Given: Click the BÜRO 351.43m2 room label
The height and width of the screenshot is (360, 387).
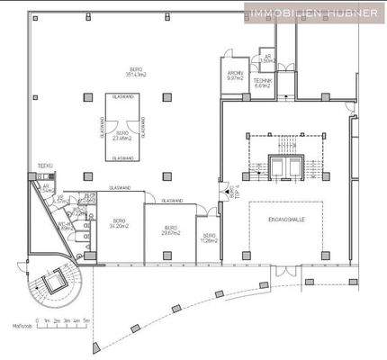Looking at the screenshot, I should click(x=135, y=71).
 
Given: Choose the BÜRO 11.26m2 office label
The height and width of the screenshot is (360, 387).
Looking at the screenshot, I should click(x=210, y=238).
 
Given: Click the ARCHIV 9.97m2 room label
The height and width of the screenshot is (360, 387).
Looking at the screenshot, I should click(x=236, y=76).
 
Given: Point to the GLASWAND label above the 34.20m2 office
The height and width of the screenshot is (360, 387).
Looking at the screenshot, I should click(x=122, y=188).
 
